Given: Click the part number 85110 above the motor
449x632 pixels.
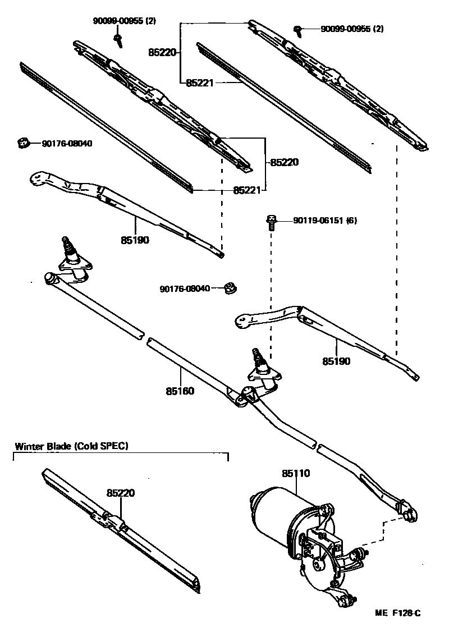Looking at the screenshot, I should tap(295, 474).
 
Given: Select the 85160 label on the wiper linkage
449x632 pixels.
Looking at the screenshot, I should tap(180, 391).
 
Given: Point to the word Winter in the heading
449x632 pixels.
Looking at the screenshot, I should tap(28, 447).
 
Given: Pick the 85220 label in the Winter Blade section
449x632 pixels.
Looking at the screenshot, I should tap(121, 493).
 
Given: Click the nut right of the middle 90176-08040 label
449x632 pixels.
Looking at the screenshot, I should tap(229, 288).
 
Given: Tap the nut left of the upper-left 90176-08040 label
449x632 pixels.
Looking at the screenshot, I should tap(22, 144).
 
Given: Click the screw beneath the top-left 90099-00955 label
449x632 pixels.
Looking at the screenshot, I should tap(118, 38).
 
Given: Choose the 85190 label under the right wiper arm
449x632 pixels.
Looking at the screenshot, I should tap(336, 361).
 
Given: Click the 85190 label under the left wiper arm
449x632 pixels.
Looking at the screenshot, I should tap(134, 240).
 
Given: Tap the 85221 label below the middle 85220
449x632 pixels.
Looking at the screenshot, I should tap(247, 190).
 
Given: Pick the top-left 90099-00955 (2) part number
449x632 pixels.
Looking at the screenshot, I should tap(124, 21).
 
